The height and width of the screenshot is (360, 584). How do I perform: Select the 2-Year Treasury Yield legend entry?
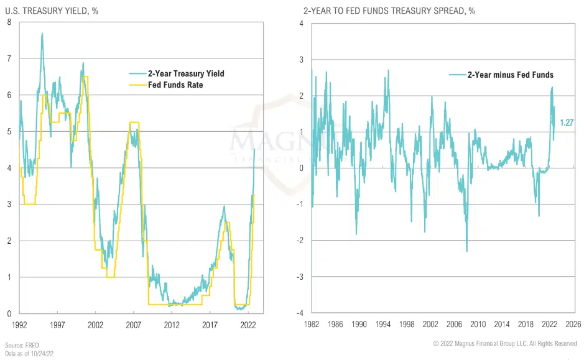(x=185, y=73)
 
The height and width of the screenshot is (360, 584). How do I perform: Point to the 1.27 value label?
(x=566, y=122)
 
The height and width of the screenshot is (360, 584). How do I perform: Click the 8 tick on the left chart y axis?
(x=9, y=22)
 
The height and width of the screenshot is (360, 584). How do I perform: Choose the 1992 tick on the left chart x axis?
(x=20, y=325)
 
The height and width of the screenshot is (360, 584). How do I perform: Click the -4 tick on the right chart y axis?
(x=300, y=313)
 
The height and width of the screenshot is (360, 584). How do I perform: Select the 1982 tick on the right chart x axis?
(x=312, y=325)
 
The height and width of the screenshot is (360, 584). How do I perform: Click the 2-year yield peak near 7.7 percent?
(x=42, y=34)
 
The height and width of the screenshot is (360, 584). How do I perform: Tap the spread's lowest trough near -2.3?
(x=466, y=250)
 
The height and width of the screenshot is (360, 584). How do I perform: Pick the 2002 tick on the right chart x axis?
(x=430, y=325)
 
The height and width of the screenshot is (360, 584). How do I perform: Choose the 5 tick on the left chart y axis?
(x=9, y=131)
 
